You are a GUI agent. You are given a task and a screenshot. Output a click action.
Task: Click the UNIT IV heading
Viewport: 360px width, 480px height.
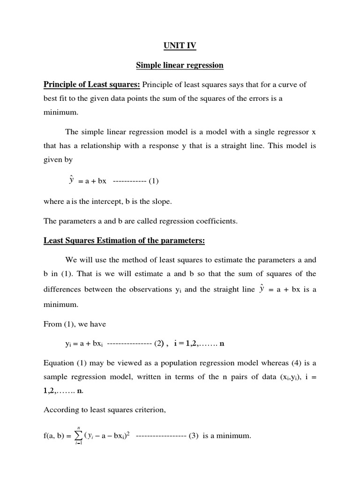pos(180,45)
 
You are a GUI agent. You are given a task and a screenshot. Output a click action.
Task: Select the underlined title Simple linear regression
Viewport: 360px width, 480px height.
pos(180,65)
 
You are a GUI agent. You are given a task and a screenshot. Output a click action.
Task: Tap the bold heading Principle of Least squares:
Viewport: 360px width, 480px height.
pos(92,84)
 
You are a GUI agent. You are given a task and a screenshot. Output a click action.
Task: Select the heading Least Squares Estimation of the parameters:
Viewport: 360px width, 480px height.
pos(124,241)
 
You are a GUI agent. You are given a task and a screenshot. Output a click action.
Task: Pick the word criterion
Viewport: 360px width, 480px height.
pos(149,410)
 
